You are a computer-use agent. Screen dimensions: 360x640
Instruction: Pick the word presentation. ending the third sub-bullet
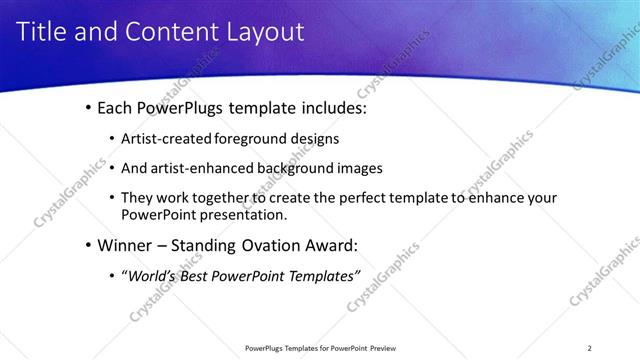coord(244,214)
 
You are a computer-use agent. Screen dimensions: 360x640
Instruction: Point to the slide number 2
coord(589,348)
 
